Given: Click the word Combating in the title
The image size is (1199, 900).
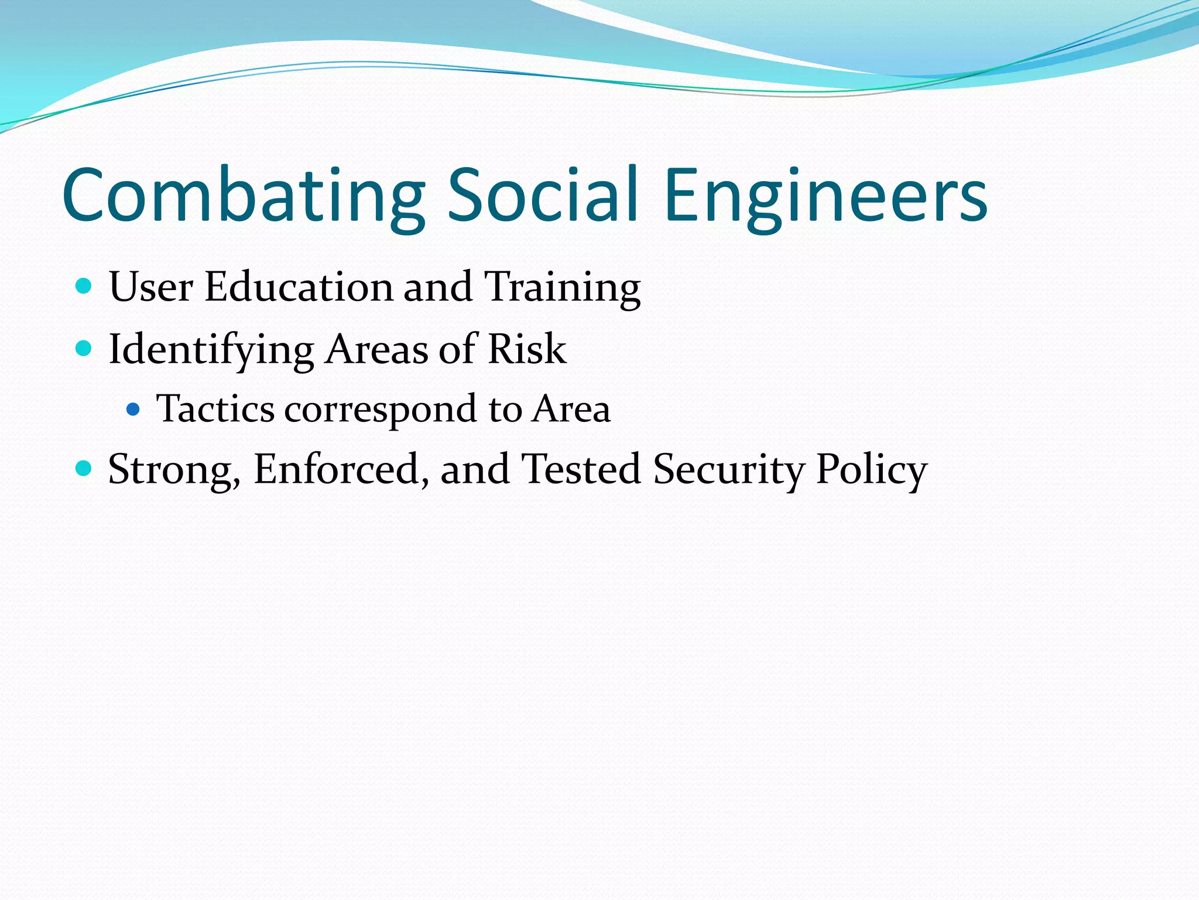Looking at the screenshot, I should click(x=244, y=196).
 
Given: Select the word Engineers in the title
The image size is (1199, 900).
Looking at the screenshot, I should click(x=826, y=196).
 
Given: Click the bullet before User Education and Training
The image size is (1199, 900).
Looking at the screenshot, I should click(x=84, y=287).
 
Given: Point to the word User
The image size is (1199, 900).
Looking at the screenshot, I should click(x=151, y=287).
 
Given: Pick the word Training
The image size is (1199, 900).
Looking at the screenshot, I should click(x=563, y=288).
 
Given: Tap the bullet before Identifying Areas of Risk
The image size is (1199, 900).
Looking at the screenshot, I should click(x=84, y=349).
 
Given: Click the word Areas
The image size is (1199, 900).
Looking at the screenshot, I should click(x=376, y=349).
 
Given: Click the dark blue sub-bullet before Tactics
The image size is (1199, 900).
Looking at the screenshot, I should click(x=133, y=409).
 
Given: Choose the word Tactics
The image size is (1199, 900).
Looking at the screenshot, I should click(x=215, y=408).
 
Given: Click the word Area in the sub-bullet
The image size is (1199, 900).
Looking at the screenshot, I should click(x=571, y=408).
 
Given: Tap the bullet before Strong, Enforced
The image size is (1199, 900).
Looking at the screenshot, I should click(x=84, y=468).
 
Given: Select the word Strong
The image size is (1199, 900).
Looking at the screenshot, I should click(x=174, y=470).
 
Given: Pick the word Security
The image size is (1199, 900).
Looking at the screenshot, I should click(x=729, y=470).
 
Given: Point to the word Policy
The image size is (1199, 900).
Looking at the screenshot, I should click(x=872, y=470).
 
